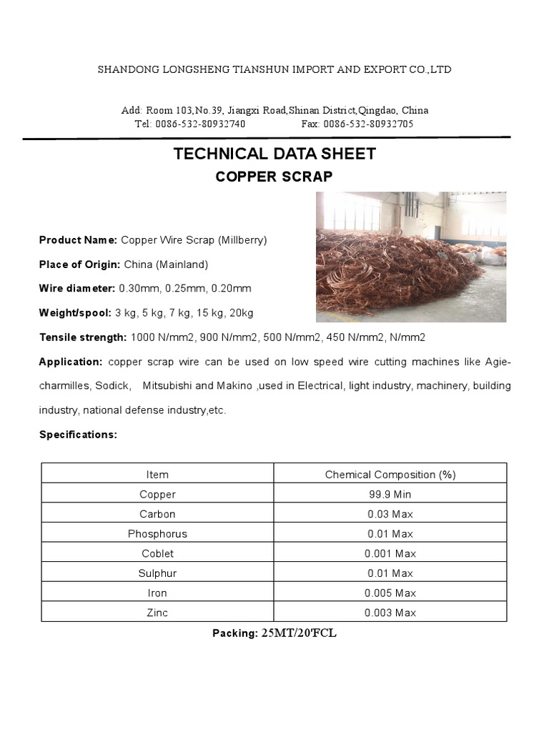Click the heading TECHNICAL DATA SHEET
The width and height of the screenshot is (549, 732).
(274, 153)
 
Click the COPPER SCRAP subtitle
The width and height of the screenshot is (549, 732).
(274, 177)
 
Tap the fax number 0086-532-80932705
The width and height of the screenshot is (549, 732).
(367, 124)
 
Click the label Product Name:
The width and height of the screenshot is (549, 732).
(78, 240)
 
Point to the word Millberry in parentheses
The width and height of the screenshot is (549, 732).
(242, 240)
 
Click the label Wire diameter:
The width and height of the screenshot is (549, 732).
(76, 288)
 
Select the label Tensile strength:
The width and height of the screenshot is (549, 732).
(83, 337)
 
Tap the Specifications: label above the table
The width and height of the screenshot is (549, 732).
(78, 435)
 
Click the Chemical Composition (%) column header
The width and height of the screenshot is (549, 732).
(390, 475)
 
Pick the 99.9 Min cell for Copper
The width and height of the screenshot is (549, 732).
(390, 495)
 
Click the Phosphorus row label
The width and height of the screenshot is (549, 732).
(157, 534)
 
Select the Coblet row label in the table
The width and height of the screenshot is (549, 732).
(157, 553)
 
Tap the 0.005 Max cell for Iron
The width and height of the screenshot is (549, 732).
(390, 593)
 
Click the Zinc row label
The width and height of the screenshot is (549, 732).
(157, 613)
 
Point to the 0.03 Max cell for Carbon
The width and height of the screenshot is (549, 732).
(390, 514)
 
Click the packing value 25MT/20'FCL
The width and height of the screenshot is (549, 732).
(298, 633)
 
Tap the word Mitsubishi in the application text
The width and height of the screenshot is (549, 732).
(167, 385)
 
